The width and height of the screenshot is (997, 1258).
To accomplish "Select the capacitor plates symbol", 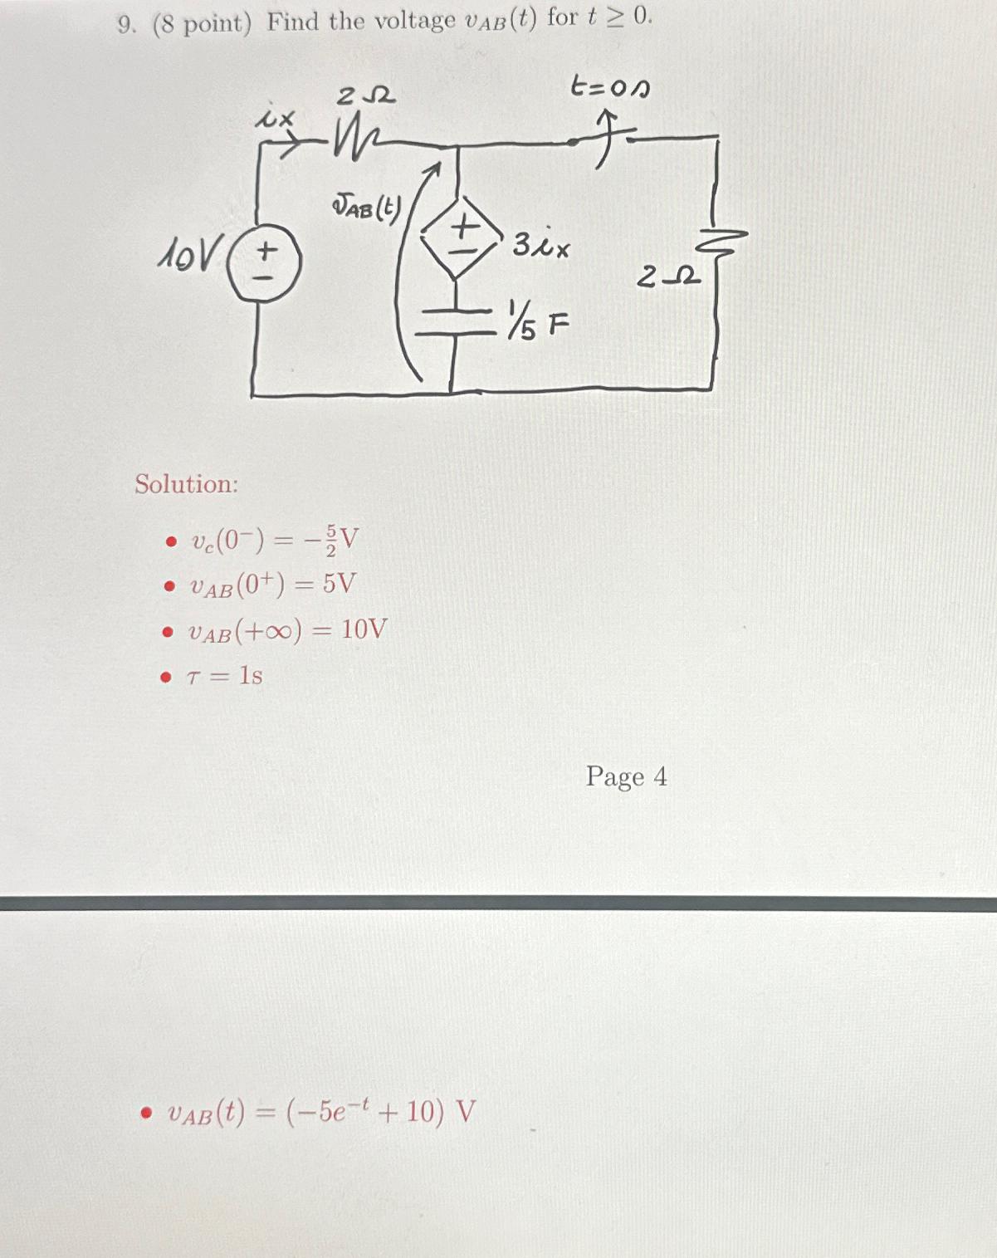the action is coord(453,322).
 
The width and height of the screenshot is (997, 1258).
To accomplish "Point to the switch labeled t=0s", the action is coord(604,139).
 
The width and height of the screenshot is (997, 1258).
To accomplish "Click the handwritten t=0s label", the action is coord(610,87).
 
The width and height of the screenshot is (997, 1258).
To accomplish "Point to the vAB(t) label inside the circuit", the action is coord(365,208).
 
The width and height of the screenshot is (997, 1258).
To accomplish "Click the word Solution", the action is coord(187,484).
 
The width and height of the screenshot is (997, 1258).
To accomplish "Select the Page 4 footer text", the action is coord(626,776).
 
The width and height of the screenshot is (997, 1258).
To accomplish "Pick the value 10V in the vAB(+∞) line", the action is coord(364,629).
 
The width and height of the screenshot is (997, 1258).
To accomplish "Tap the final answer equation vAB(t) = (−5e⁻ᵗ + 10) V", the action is coord(320,1112).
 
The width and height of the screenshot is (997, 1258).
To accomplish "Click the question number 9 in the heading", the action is coord(125,25).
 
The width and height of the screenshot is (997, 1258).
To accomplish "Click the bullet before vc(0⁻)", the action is coord(170,543).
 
